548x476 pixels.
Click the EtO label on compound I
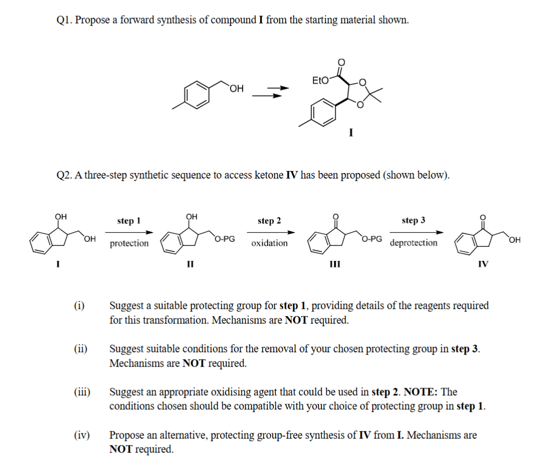point(321,80)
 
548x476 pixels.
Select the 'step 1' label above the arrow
point(129,221)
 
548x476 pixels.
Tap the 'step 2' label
point(269,221)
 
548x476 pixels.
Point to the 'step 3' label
point(414,221)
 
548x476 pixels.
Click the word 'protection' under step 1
point(129,243)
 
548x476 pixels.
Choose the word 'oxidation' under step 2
point(269,243)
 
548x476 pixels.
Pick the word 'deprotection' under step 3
point(414,243)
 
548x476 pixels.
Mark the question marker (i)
point(79,305)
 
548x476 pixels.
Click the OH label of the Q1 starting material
point(237,89)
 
